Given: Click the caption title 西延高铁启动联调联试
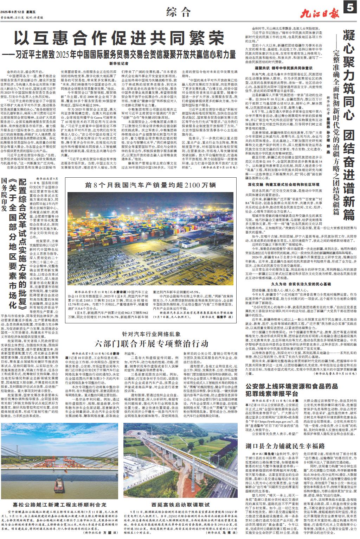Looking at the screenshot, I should (x=181, y=503).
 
